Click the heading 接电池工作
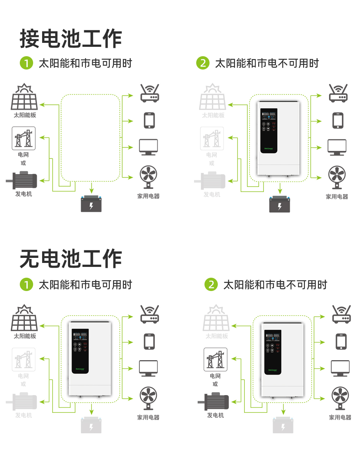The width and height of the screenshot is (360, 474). click(x=71, y=39)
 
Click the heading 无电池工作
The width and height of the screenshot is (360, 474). click(x=71, y=259)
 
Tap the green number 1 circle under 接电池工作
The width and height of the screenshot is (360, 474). click(x=26, y=63)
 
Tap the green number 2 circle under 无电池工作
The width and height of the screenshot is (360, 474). click(x=211, y=285)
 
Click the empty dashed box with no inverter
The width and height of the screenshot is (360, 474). click(x=90, y=138)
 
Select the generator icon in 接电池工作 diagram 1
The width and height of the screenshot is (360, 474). click(x=22, y=180)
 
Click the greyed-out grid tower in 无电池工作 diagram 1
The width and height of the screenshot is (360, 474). click(x=24, y=359)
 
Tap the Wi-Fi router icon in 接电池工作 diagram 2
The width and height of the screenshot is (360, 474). click(x=338, y=94)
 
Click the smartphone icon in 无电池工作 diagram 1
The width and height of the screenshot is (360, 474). click(x=149, y=341)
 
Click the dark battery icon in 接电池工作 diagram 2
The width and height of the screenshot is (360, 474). click(x=280, y=204)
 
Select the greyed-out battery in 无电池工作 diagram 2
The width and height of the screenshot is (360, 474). click(x=283, y=425)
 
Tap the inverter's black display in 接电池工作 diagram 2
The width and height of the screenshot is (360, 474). click(x=269, y=130)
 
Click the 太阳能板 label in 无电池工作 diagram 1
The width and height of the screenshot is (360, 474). click(x=25, y=336)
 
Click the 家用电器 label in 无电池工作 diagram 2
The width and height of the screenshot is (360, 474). click(x=340, y=417)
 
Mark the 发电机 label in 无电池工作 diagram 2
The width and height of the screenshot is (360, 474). click(x=215, y=415)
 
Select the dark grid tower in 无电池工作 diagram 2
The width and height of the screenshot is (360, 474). click(x=216, y=359)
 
